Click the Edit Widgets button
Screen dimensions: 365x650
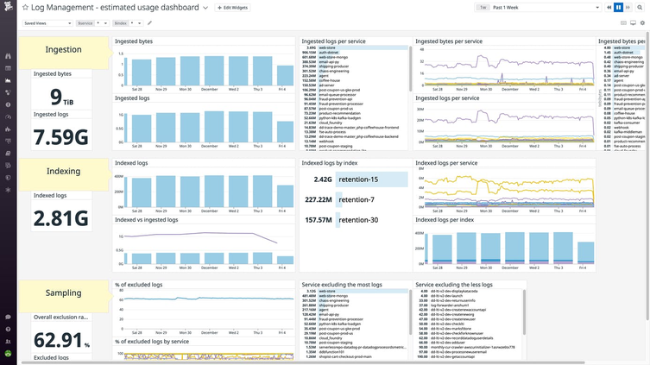233,7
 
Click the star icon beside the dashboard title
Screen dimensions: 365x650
25,7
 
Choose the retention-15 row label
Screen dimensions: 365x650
358,179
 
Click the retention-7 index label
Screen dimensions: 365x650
357,199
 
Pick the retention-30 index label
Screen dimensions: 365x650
358,220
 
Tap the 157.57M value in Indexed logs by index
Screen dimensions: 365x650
319,220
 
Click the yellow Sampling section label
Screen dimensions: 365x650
64,293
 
